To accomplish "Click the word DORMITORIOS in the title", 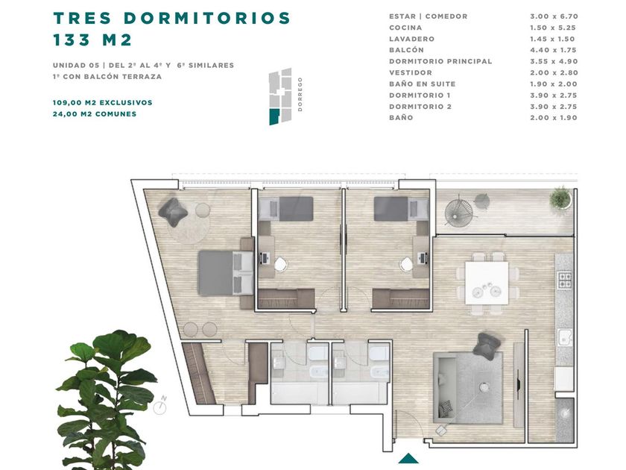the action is coord(207,18).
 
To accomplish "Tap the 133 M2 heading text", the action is coord(92,40).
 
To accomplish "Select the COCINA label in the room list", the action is coord(405,28).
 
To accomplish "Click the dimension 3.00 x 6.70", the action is coord(554,16).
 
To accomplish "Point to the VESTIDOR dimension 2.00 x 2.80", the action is coord(554,73).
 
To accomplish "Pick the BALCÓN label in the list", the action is coord(406,50).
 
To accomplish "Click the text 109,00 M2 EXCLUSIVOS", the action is coord(103,103).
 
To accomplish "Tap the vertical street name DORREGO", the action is coord(300,94).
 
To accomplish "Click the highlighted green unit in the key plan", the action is coord(274,116).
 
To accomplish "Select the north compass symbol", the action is coord(160,406).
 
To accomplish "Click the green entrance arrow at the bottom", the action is coord(408,458).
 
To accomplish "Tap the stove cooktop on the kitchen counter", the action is coord(565,280).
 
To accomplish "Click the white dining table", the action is coord(487,283).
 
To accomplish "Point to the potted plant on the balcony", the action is coord(560,198).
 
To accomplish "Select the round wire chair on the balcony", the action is coord(460,212).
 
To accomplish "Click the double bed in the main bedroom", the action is coord(226,273).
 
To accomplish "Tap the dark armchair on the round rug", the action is coord(173,212).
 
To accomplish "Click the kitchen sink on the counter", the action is coord(565,338).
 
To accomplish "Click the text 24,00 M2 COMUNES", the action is coord(95,114).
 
